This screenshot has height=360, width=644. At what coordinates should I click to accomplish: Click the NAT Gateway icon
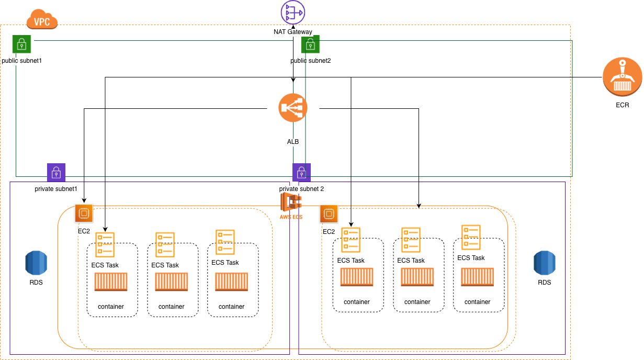pos(293,12)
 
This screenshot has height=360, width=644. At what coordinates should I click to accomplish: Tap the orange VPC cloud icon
pos(42,20)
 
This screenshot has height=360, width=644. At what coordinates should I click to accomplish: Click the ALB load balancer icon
pos(293,108)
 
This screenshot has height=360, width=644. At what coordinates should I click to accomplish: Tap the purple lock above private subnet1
pos(56,172)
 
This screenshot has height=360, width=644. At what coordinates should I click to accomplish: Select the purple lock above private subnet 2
pos(301,172)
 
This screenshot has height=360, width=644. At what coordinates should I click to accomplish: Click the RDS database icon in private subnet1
pos(36,263)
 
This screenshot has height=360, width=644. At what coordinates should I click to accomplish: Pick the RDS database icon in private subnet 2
pos(545,263)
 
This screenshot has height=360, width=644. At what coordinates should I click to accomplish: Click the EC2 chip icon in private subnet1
pos(84,213)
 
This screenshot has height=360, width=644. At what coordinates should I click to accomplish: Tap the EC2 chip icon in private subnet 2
pos(329,213)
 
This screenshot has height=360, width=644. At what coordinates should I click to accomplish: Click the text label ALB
pos(293,142)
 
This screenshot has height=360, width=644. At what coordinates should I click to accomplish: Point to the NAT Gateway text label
pos(293,32)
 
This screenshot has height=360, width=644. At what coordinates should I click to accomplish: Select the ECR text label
pos(622,105)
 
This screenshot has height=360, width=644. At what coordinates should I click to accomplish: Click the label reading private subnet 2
pos(301,188)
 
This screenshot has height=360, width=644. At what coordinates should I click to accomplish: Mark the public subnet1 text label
pos(21,61)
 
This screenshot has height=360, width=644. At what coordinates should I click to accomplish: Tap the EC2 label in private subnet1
pos(84,231)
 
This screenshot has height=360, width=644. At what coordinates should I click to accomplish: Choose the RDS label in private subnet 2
pos(545,282)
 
